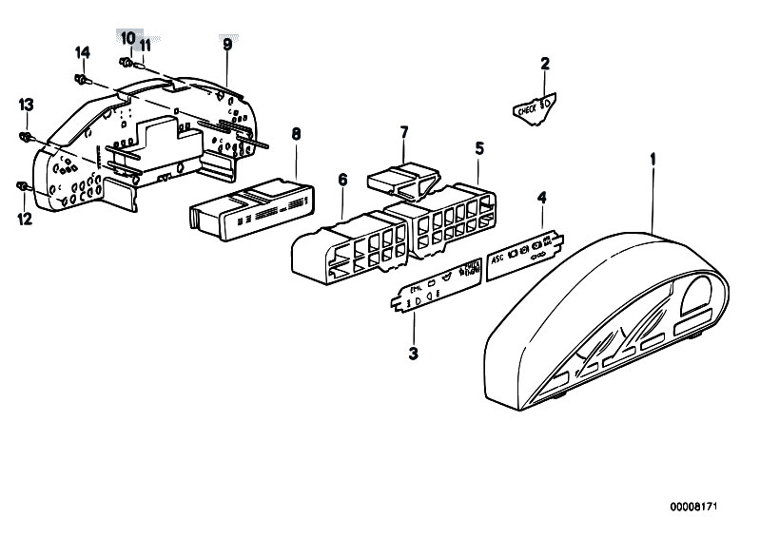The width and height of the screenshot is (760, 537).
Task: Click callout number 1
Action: click(653, 159)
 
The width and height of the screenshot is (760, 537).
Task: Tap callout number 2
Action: click(544, 65)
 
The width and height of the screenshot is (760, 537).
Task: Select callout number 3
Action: click(413, 354)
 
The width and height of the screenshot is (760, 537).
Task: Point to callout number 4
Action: click(541, 198)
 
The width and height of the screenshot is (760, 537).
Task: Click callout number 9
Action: click(227, 45)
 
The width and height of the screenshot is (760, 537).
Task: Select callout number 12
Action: click(24, 219)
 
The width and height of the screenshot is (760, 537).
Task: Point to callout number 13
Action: click(26, 104)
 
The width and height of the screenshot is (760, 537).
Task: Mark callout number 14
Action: click(82, 51)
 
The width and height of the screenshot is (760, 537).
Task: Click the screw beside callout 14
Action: click(83, 77)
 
